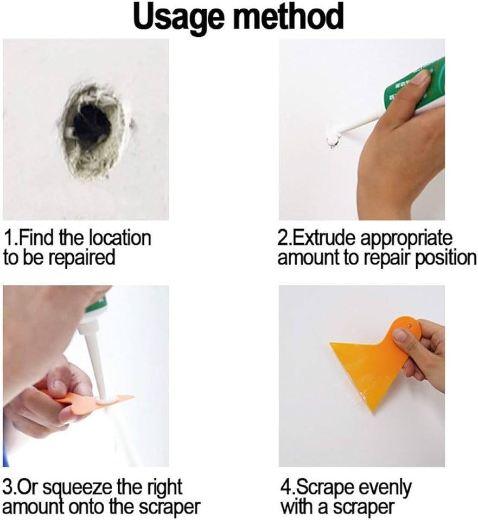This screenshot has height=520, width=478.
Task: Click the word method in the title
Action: pyautogui.click(x=288, y=16)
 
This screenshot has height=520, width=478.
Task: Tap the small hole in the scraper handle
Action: pyautogui.click(x=409, y=327)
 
